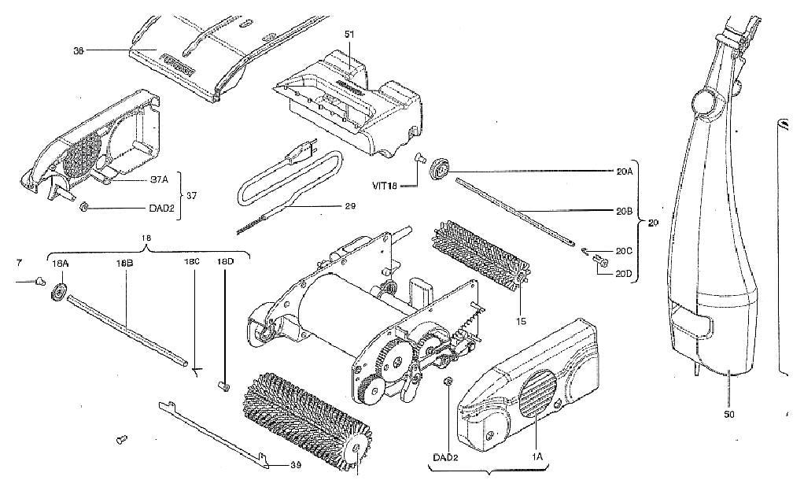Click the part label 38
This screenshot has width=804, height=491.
pyautogui.click(x=79, y=50)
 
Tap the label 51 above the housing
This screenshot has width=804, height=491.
pyautogui.click(x=350, y=35)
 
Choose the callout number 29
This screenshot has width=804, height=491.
pyautogui.click(x=349, y=206)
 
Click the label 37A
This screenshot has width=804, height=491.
pyautogui.click(x=160, y=178)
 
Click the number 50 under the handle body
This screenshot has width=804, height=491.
pyautogui.click(x=728, y=414)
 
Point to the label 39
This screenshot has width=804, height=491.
pyautogui.click(x=296, y=465)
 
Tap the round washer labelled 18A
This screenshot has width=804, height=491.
pyautogui.click(x=58, y=295)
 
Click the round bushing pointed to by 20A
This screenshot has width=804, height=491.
pyautogui.click(x=438, y=169)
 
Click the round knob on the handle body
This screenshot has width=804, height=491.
pyautogui.click(x=700, y=103)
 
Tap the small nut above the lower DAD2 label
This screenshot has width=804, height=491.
pyautogui.click(x=448, y=382)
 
